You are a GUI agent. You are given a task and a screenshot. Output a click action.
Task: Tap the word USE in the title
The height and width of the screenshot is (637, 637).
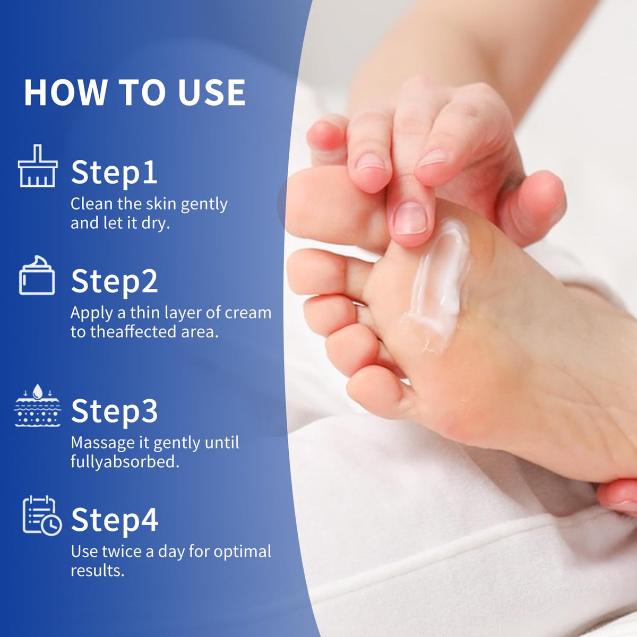pos(212,92)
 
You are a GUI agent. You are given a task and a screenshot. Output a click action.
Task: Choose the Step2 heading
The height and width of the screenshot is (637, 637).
pos(114,282)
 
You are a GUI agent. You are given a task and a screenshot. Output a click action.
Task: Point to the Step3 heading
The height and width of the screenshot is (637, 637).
pos(114,411)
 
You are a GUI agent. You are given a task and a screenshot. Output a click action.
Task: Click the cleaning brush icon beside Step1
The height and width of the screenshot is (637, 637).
pos(38,166)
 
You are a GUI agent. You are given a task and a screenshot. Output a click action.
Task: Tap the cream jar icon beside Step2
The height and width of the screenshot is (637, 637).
pos(37,275)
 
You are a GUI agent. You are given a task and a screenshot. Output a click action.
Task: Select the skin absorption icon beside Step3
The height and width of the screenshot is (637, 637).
pos(37,405)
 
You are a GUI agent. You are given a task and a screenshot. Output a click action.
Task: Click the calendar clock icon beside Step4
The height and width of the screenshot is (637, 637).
pos(42,515)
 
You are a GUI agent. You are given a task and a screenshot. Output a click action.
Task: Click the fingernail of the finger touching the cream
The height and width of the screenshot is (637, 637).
pos(410,218)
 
